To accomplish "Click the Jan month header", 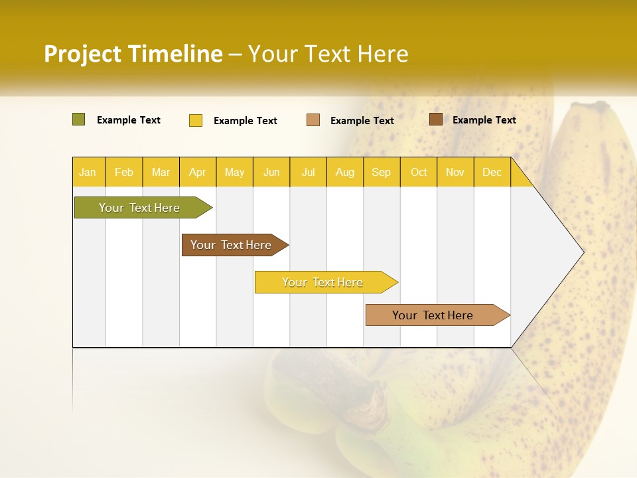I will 88,172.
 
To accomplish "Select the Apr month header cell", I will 197,172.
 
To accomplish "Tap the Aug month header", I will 344,172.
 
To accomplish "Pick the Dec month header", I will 492,172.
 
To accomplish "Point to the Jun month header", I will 271,172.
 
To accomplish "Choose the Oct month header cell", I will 419,172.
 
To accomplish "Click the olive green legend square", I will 78,119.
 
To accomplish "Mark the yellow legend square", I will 196,120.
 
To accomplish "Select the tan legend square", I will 313,120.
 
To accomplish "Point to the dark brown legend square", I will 435,119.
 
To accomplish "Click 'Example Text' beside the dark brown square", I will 484,120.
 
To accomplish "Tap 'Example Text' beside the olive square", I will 128,120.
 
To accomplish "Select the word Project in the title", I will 83,54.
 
